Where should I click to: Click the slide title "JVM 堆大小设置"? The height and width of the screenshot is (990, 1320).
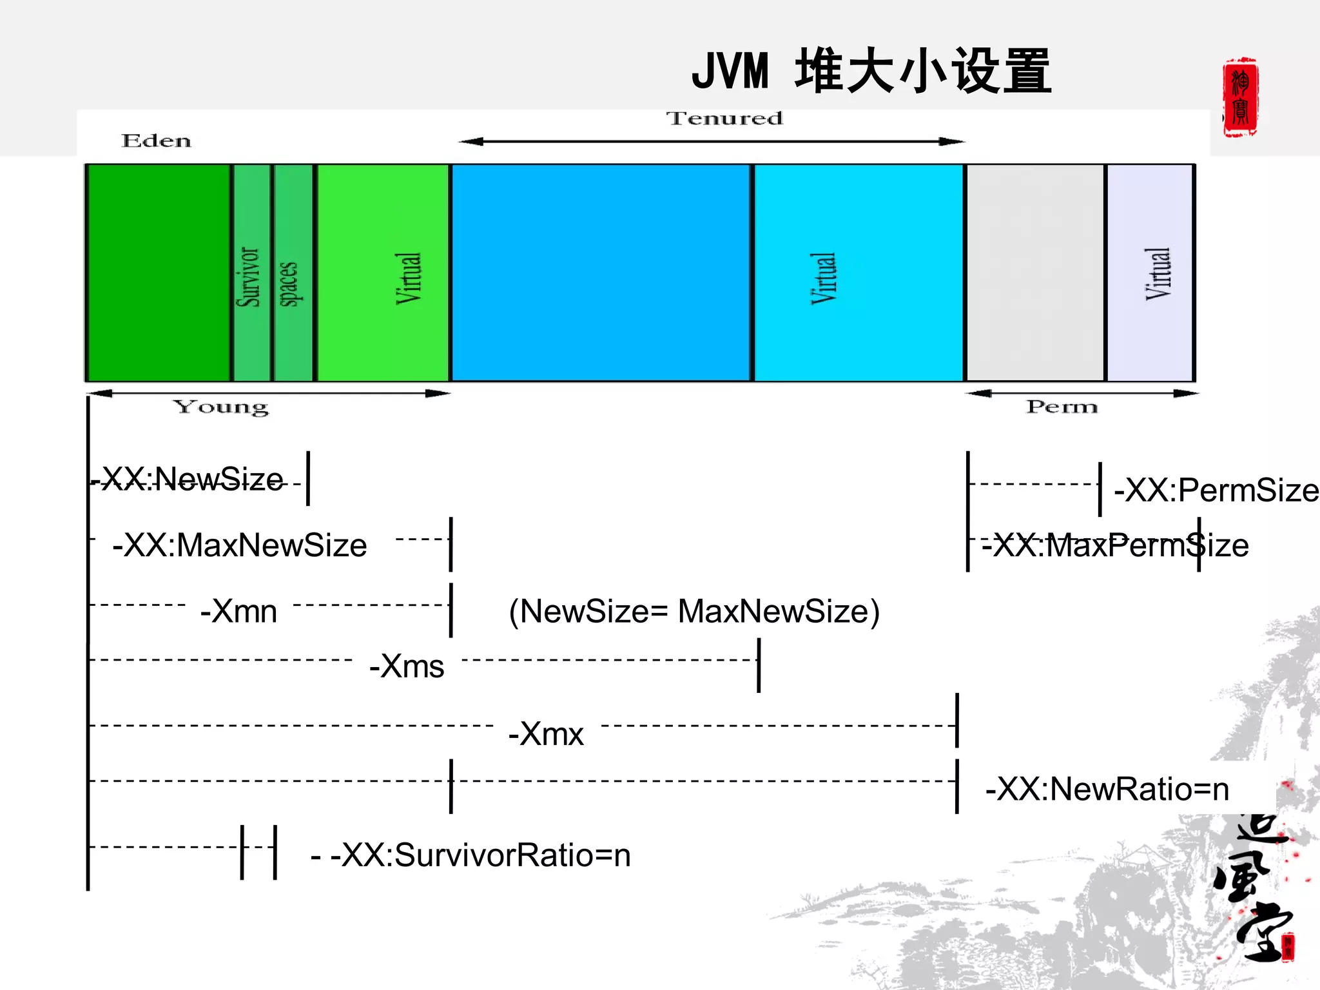[x=871, y=71]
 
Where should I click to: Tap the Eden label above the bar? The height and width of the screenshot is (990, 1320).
[x=157, y=141]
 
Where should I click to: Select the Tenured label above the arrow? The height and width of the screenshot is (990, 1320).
[x=724, y=119]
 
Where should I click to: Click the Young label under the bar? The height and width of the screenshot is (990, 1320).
[x=221, y=407]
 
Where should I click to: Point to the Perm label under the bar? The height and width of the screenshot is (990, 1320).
[x=1062, y=407]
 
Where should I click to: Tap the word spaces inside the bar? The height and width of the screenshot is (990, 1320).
[x=288, y=284]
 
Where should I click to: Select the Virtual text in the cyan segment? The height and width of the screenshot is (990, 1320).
[x=823, y=278]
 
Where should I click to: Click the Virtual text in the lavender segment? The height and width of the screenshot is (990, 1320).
[x=1158, y=274]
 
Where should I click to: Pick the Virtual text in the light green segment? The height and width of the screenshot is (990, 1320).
[x=408, y=278]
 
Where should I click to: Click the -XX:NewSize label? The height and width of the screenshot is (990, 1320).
[x=192, y=480]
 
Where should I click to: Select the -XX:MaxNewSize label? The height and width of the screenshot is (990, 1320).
[x=240, y=545]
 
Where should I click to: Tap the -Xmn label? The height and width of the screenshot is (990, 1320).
[x=239, y=611]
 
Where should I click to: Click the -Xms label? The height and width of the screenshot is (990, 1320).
[x=407, y=666]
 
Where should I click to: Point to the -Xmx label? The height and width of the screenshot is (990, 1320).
[x=547, y=733]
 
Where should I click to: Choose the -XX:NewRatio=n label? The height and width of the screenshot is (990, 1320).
[x=1107, y=789]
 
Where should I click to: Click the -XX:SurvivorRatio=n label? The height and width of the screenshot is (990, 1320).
[x=480, y=855]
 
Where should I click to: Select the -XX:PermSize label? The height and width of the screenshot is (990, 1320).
[x=1216, y=490]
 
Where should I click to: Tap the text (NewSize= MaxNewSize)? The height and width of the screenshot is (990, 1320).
[x=694, y=611]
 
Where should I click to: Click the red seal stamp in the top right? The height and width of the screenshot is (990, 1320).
[x=1240, y=97]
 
